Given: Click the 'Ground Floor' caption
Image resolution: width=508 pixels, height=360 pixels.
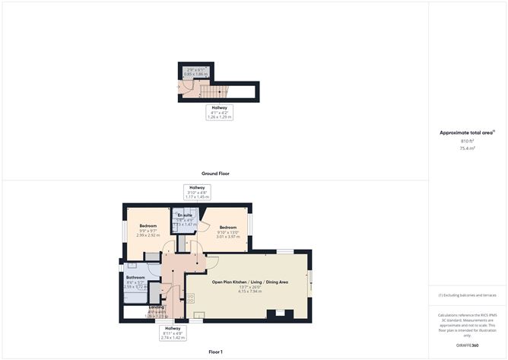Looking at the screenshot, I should pyautogui.click(x=215, y=174).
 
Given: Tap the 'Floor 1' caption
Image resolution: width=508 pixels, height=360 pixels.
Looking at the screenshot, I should pyautogui.click(x=215, y=352).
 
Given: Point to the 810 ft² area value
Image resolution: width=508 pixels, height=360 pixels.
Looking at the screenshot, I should pyautogui.click(x=467, y=142).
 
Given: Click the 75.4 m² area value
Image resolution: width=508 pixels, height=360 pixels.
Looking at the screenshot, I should pyautogui.click(x=467, y=148).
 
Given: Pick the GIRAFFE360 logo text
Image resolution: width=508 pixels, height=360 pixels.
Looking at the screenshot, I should pyautogui.click(x=468, y=346).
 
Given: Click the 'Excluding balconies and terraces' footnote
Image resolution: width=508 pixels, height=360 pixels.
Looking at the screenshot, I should pyautogui.click(x=468, y=295).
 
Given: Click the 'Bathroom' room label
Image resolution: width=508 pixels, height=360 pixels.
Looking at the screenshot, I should pyautogui.click(x=135, y=277).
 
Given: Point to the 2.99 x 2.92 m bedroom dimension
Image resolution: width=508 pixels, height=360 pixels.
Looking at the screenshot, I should pyautogui.click(x=148, y=235).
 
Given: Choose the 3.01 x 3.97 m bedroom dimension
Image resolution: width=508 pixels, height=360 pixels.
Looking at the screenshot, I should pyautogui.click(x=229, y=237).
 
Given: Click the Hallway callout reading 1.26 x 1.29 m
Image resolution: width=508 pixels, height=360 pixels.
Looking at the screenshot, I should pyautogui.click(x=220, y=117).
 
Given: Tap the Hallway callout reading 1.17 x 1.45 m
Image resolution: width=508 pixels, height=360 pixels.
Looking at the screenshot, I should pyautogui.click(x=197, y=197).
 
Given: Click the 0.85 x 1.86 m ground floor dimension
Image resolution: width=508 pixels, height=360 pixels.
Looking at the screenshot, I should pyautogui.click(x=196, y=74).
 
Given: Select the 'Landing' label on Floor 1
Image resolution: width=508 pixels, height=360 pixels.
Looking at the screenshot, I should pyautogui.click(x=157, y=307).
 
